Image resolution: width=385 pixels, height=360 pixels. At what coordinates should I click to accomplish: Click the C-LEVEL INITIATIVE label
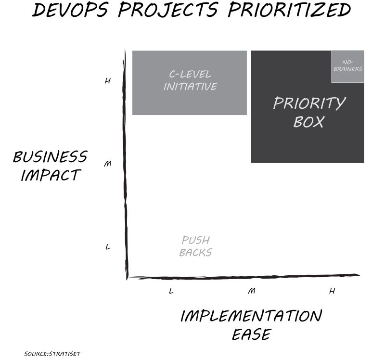[x=190, y=80]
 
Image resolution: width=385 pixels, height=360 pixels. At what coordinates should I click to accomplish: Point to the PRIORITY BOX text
[x=309, y=112]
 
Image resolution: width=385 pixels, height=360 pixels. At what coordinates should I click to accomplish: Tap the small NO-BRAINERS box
[x=347, y=66]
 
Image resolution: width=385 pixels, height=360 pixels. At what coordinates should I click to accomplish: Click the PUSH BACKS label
[x=195, y=246]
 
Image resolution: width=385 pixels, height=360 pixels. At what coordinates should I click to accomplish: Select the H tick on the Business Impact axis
[x=107, y=81]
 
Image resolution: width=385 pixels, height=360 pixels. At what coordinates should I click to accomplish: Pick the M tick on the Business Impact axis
[x=108, y=164]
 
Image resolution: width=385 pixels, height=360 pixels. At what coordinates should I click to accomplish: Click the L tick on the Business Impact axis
[x=108, y=247]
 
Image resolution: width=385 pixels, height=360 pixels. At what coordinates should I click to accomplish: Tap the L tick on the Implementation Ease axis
[x=171, y=291]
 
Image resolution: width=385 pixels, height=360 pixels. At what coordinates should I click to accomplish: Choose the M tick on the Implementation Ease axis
[x=251, y=291]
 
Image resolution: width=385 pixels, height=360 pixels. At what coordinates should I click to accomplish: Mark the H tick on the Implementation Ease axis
[x=332, y=291]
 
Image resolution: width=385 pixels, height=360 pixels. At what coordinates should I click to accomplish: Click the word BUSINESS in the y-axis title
[x=50, y=157]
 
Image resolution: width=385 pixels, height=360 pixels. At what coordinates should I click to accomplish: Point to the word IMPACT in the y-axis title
[x=50, y=175]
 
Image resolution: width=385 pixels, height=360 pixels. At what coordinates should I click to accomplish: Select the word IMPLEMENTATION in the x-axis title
[x=251, y=316]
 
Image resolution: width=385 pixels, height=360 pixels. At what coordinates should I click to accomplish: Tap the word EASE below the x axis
[x=251, y=334]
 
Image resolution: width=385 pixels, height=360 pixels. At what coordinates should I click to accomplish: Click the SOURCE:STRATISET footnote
[x=49, y=354]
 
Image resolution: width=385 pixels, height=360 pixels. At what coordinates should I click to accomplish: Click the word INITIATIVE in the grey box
[x=190, y=87]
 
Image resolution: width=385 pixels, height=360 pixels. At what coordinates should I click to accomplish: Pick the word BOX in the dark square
[x=308, y=122]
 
